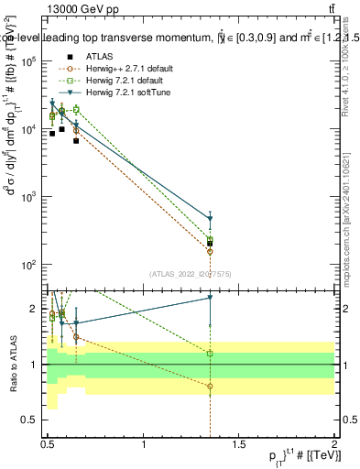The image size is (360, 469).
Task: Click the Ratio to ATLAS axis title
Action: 13,365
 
